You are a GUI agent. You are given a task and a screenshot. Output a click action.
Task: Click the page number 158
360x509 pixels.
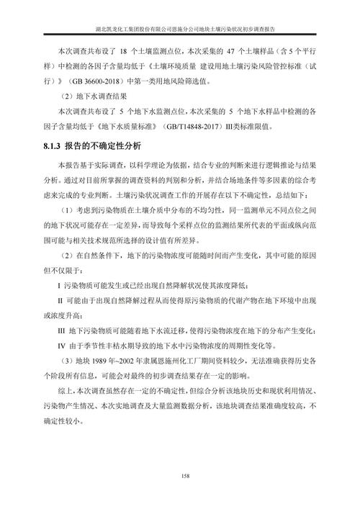coord(180,476)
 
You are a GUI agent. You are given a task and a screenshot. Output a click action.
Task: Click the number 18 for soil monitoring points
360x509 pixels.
coord(125,53)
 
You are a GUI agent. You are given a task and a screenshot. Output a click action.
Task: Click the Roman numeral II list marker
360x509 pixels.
coord(59,302)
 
